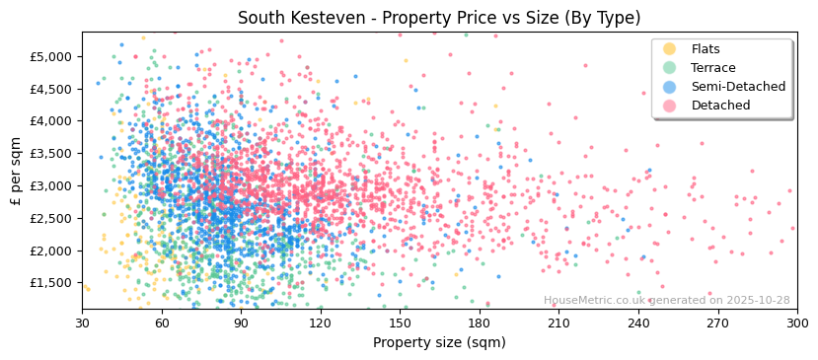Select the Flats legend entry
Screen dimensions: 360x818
[x=706, y=49]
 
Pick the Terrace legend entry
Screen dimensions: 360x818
[x=713, y=68]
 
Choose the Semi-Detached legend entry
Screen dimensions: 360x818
[x=738, y=87]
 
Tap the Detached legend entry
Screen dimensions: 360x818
[x=720, y=106]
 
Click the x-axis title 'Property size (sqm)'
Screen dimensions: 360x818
[x=439, y=343]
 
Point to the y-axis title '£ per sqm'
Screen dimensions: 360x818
[x=16, y=171]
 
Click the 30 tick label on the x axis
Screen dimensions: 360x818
[x=82, y=323]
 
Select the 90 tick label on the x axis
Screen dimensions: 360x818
[x=241, y=323]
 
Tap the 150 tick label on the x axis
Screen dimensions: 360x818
[x=400, y=323]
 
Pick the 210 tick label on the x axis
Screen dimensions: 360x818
[x=558, y=323]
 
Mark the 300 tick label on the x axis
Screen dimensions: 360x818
[x=796, y=323]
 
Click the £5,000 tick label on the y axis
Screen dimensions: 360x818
[x=51, y=56]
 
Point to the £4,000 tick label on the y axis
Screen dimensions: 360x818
[x=51, y=121]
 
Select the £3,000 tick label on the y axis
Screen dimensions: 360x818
[x=51, y=185]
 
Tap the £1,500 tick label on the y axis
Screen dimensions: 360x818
[x=51, y=283]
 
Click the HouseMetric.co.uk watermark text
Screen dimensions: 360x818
[x=666, y=301]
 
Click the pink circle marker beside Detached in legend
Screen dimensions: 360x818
[x=670, y=106]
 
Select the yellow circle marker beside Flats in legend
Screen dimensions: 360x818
[x=670, y=49]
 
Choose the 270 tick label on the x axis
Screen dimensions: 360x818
[x=717, y=323]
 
